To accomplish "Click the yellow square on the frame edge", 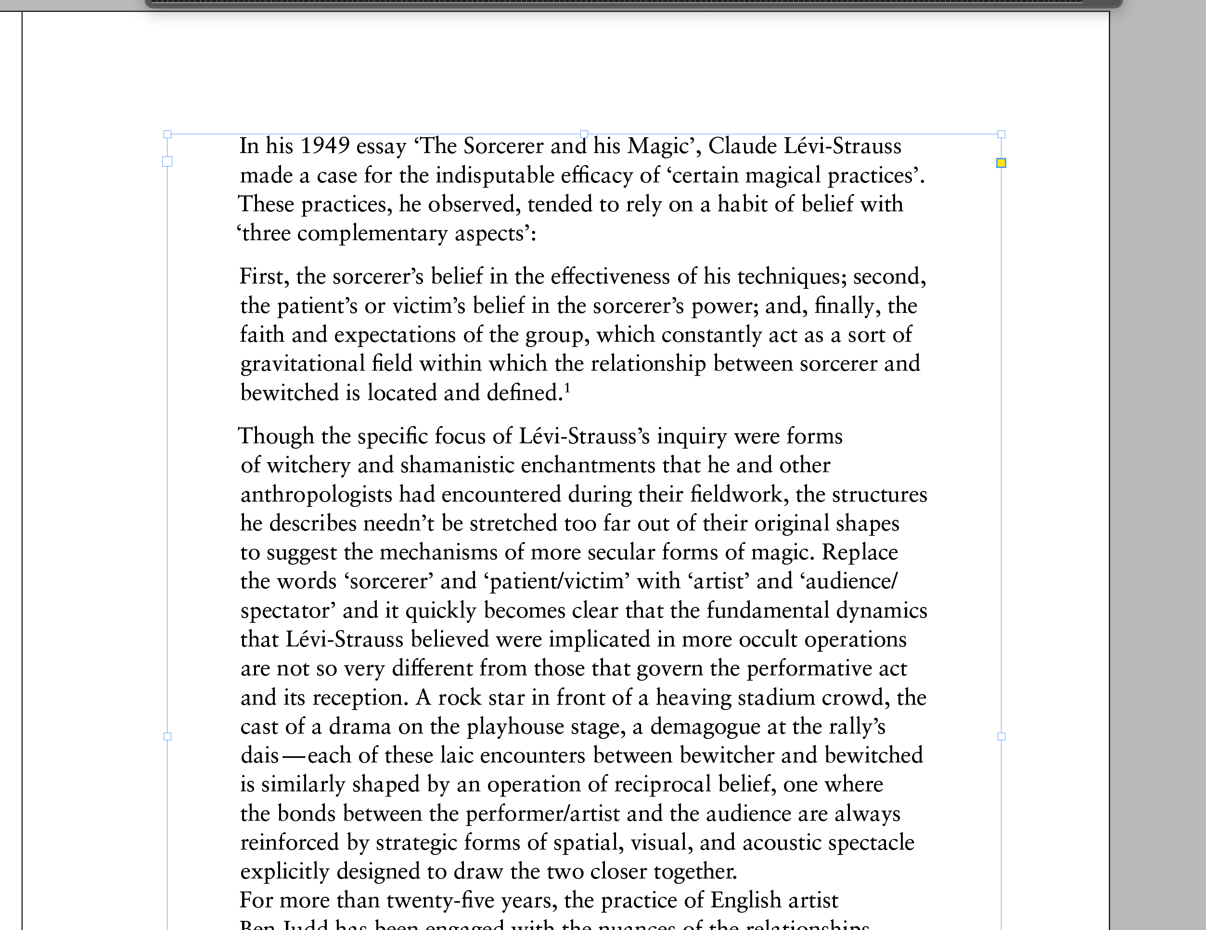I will (1001, 163).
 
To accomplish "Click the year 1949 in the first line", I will (325, 146).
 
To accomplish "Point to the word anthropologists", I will (316, 495).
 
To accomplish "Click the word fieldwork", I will (736, 495).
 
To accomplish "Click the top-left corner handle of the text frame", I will (167, 134).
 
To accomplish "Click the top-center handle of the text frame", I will (584, 134).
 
